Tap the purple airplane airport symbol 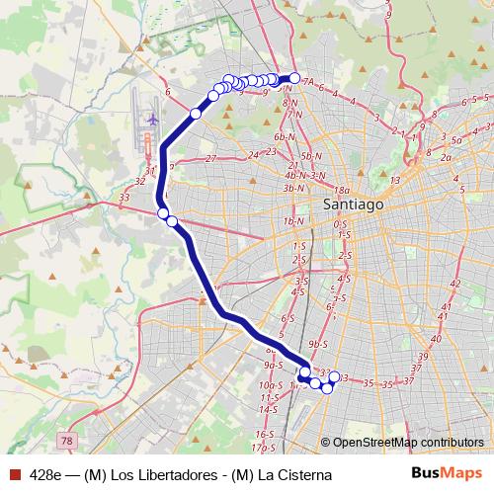(x=151, y=119)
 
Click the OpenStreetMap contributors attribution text (x=408, y=443)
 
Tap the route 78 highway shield (x=66, y=440)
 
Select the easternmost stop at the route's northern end (x=294, y=77)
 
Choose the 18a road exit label (x=343, y=190)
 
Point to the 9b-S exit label (x=317, y=344)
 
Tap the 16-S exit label (x=265, y=434)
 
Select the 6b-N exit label (x=287, y=137)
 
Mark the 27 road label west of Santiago (x=210, y=158)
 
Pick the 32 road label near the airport (x=140, y=181)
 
